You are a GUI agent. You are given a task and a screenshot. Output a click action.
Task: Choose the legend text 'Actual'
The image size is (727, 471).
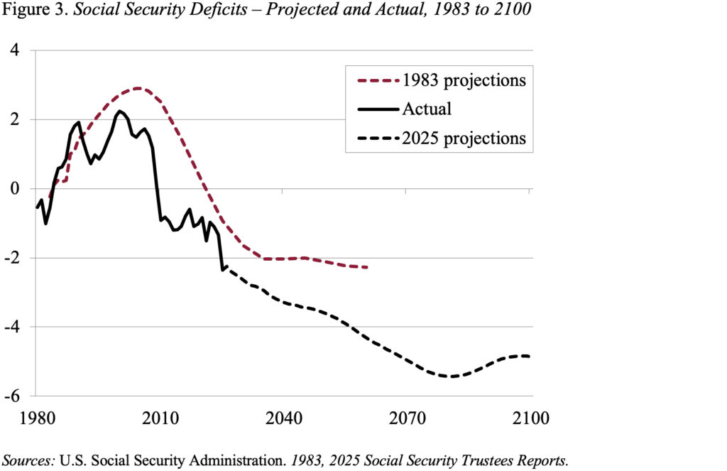click(x=426, y=109)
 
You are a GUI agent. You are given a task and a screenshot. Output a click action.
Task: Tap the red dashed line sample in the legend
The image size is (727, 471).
click(x=375, y=80)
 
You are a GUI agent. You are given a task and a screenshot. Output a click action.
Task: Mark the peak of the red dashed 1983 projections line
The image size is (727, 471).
click(x=138, y=89)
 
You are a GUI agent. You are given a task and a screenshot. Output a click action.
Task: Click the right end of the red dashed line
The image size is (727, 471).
click(x=366, y=267)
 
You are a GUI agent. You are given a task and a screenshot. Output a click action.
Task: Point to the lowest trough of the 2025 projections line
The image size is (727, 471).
click(x=450, y=377)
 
